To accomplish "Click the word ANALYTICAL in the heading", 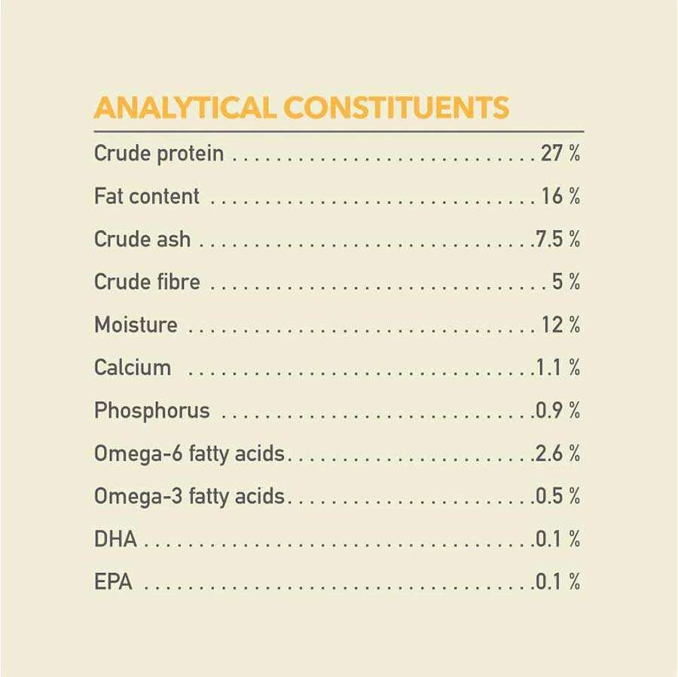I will (184, 108).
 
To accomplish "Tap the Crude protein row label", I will (159, 154).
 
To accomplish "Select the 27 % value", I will (560, 154).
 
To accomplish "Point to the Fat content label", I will (147, 197).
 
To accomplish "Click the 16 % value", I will (560, 197).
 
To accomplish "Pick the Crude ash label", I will (142, 240).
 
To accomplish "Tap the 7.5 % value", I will (557, 240).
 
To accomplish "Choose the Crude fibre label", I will (147, 283).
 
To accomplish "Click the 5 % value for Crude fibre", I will (566, 283).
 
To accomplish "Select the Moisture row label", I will (136, 326).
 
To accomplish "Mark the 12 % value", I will (560, 326).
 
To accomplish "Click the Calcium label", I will (133, 368).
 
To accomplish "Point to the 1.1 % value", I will (557, 368).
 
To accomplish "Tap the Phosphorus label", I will (152, 411).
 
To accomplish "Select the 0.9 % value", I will (557, 411).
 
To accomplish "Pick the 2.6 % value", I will (557, 454).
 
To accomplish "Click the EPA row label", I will (113, 582).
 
